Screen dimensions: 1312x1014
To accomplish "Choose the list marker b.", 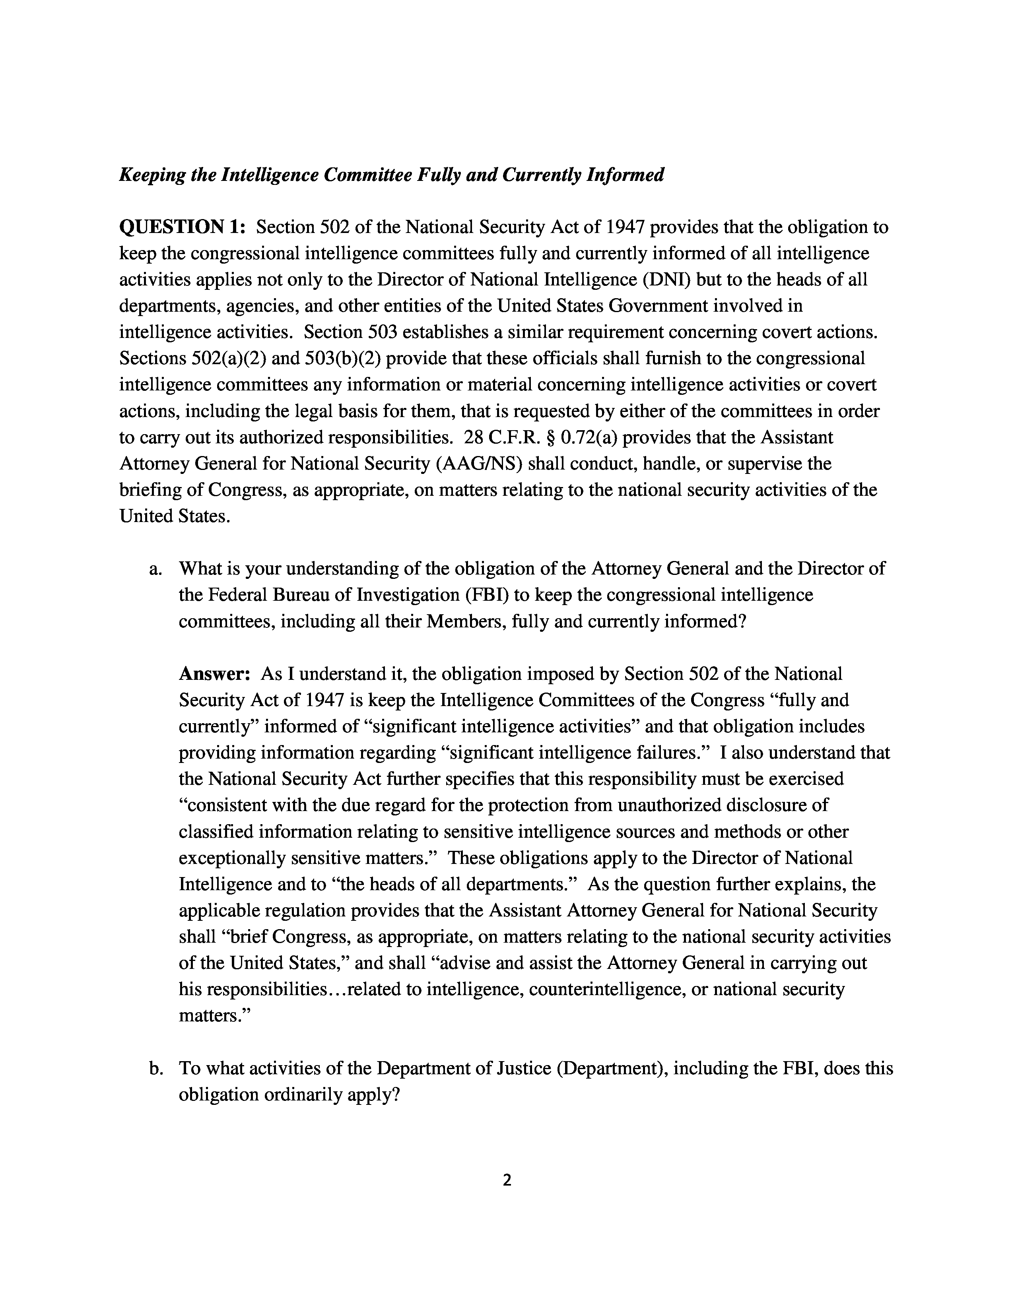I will tap(156, 1069).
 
